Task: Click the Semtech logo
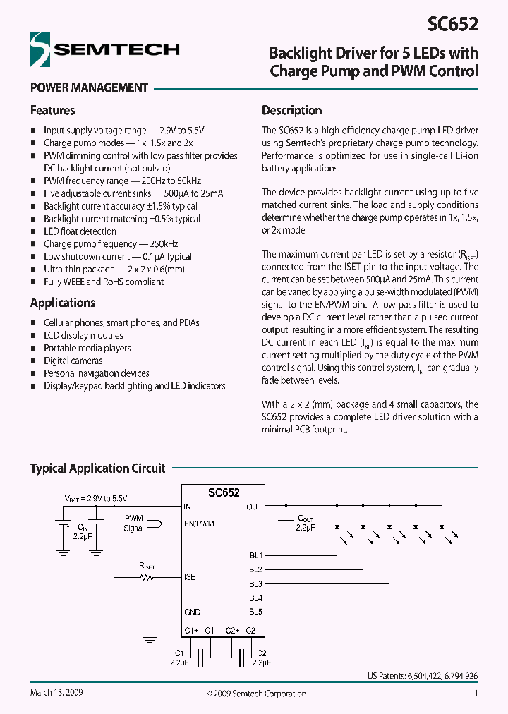click(104, 49)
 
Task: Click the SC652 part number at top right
click(452, 25)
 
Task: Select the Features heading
click(52, 110)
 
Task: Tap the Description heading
click(291, 110)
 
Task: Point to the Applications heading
click(63, 303)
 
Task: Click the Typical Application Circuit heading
click(97, 468)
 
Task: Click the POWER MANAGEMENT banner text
click(89, 87)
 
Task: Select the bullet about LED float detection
click(80, 231)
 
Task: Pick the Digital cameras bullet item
click(73, 361)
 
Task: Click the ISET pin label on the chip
click(192, 576)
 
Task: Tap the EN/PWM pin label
click(199, 524)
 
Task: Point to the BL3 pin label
click(255, 583)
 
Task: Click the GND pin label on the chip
click(192, 612)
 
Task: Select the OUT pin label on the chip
click(254, 507)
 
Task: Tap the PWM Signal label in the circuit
click(133, 523)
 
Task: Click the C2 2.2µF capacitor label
click(262, 658)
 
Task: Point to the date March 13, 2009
click(56, 693)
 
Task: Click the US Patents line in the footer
click(422, 676)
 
